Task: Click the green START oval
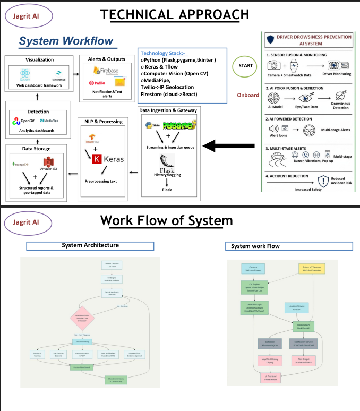tap(245, 65)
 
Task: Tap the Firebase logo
tap(105, 71)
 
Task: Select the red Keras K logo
tap(97, 159)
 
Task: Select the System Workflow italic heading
tap(65, 41)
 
